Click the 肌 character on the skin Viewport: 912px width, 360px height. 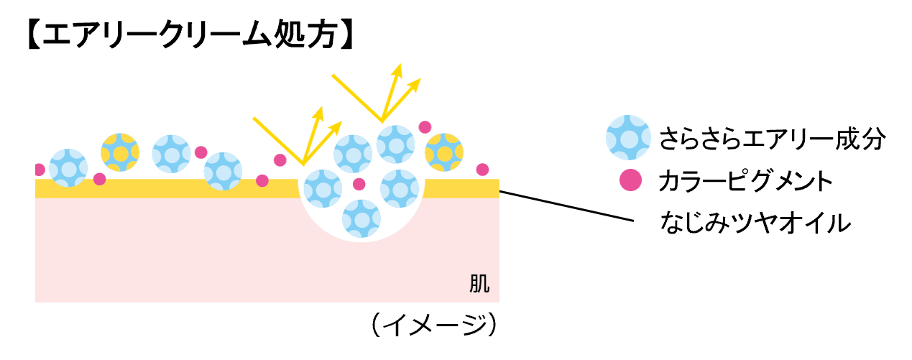coord(479,284)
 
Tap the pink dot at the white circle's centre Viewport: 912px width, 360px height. coord(359,184)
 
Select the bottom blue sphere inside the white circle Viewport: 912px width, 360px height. coord(361,218)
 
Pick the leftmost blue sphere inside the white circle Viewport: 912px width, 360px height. coord(323,189)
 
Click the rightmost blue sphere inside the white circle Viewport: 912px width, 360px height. coord(400,189)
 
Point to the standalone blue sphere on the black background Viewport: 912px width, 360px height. coord(628,137)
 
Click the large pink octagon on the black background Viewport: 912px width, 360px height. coord(630,180)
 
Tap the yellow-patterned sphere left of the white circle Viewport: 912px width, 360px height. coord(120,152)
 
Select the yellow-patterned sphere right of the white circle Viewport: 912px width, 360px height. coord(444,152)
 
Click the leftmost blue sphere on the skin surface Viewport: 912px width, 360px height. coord(68,168)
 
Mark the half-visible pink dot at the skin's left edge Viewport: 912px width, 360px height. coord(39,170)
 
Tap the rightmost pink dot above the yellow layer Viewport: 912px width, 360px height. coord(482,170)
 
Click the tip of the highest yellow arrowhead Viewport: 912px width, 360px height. coord(400,64)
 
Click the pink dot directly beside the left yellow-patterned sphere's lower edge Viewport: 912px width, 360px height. coord(100,179)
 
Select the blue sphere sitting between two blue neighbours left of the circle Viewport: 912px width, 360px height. coord(171,154)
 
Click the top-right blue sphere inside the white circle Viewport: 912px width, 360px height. coord(396,144)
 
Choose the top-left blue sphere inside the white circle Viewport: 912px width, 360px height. coord(353,154)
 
